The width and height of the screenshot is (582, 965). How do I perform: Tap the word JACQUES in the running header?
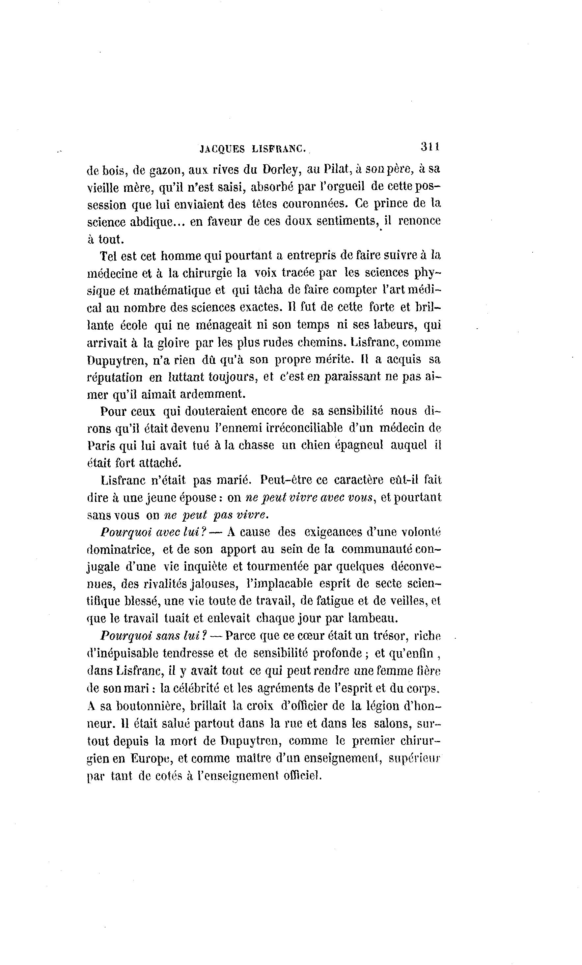coord(222,149)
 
